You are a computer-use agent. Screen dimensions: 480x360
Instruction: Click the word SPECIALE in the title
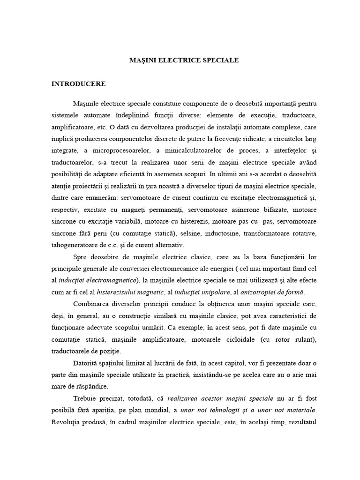[x=220, y=60]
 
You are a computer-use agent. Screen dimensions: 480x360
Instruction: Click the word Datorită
[x=87, y=362]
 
